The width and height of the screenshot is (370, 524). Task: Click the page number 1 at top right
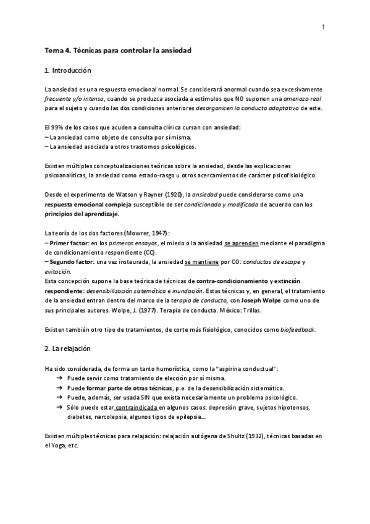[x=322, y=27]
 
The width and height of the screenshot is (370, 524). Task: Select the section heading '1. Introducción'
[x=68, y=70]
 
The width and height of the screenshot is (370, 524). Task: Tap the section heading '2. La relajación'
[x=68, y=349]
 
